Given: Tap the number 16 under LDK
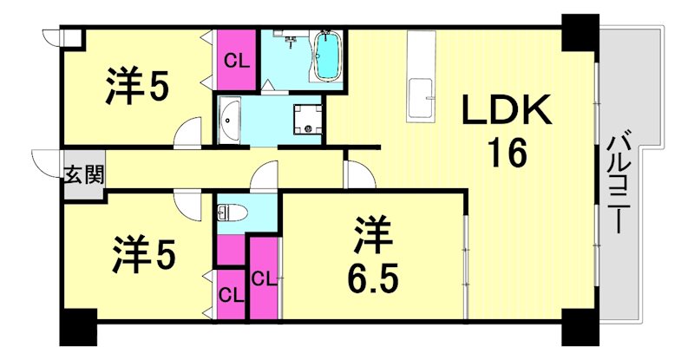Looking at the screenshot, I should click(x=506, y=155).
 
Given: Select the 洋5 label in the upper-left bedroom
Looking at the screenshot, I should click(x=138, y=84).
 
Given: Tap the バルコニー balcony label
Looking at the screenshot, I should click(x=619, y=183).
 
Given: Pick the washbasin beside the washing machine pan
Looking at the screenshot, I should click(x=230, y=119).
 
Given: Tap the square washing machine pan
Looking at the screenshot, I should click(x=307, y=119).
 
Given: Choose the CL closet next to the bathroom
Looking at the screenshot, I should click(x=235, y=59).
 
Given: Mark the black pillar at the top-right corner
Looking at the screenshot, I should click(x=579, y=34).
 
